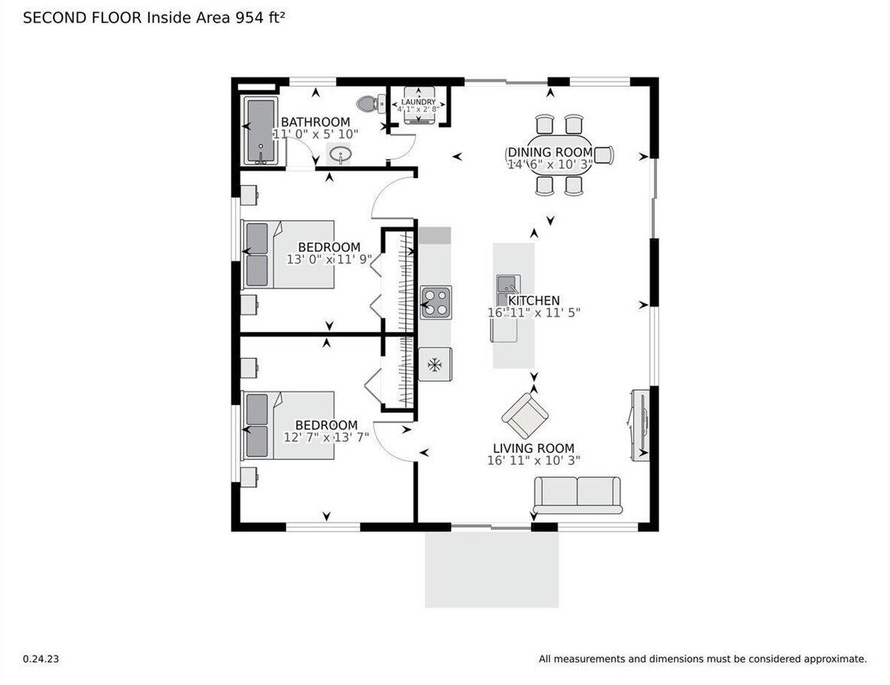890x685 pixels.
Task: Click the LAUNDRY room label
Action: coord(418,102)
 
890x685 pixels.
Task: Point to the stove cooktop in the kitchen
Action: coord(436,302)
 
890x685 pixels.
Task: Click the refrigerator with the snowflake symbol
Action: coord(435,364)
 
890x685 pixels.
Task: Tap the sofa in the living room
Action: coord(578,495)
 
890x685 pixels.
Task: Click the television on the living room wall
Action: coord(640,425)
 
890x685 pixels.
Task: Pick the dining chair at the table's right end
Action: coord(604,155)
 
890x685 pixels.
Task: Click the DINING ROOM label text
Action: coord(550,153)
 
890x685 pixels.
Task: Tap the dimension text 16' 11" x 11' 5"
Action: coord(533,312)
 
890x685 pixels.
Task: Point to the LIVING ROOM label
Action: coord(533,448)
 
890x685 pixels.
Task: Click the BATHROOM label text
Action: coord(315,122)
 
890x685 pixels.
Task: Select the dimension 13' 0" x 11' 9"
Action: coord(329,259)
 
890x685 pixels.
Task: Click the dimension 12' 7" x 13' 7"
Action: coord(327,437)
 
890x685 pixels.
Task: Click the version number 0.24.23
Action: coord(41,659)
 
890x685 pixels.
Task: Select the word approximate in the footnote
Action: coord(835,659)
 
